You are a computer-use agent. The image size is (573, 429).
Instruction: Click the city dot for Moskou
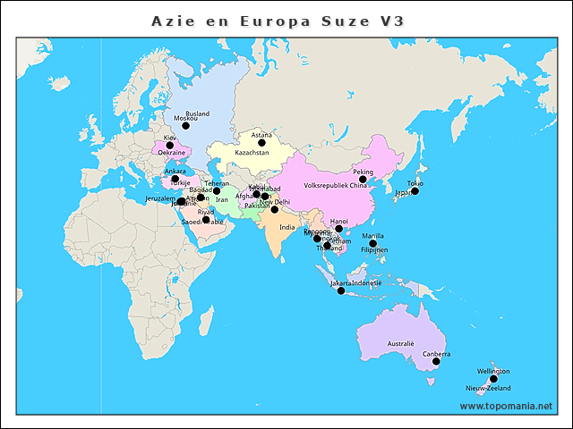(x=186, y=126)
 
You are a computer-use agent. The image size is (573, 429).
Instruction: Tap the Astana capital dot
(x=262, y=143)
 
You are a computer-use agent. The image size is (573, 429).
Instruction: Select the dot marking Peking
(x=363, y=180)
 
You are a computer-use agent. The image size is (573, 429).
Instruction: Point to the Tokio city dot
(x=415, y=191)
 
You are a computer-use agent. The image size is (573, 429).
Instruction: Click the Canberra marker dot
(x=436, y=362)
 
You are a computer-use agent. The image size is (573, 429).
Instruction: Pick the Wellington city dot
(x=493, y=379)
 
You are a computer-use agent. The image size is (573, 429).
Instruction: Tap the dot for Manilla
(x=373, y=244)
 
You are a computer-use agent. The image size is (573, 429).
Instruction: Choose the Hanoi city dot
(x=339, y=229)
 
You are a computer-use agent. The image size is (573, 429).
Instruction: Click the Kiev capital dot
(x=170, y=146)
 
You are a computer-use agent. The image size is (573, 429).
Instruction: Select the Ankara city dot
(x=175, y=179)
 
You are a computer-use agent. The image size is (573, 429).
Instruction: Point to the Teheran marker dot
(x=217, y=191)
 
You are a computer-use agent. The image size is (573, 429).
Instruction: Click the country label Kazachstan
(x=252, y=153)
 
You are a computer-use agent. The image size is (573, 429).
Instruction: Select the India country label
(x=286, y=227)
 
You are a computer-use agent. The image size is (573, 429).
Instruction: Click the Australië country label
(x=400, y=343)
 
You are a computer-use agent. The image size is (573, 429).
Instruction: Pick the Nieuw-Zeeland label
(x=488, y=389)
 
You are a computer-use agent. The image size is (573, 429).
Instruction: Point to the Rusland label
(x=197, y=114)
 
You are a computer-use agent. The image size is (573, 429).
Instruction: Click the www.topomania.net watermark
(x=506, y=406)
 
